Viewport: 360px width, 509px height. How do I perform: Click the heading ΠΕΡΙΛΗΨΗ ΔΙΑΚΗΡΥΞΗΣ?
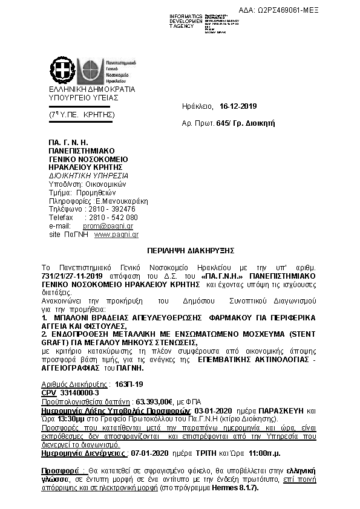click(x=182, y=249)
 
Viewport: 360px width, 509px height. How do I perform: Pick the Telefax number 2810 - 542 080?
click(x=113, y=217)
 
